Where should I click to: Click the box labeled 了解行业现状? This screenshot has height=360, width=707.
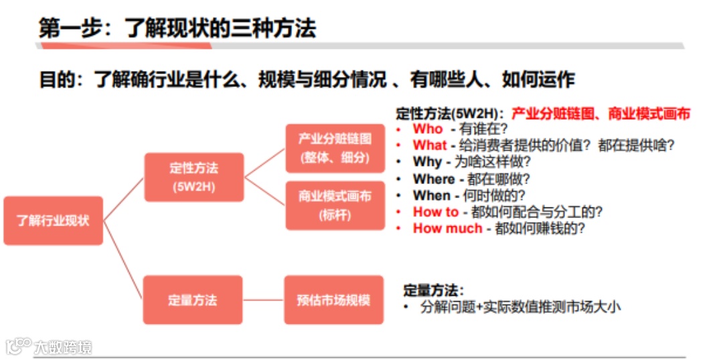pos(54,220)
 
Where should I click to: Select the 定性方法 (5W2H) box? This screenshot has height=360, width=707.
pos(194,177)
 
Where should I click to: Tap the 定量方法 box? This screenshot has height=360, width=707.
pos(193,300)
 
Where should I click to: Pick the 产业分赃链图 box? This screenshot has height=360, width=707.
pos(335,149)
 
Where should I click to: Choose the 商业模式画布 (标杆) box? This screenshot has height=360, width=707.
pos(335,205)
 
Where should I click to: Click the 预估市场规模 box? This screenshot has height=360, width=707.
pos(333,300)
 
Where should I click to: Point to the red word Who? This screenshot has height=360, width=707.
pos(428,128)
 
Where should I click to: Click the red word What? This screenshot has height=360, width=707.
pos(429,145)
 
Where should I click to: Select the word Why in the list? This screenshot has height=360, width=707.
pos(427,162)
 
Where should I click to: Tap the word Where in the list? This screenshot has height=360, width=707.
pos(434,179)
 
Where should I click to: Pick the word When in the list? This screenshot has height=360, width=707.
pos(432,195)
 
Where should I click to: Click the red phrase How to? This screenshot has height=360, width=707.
pos(436,212)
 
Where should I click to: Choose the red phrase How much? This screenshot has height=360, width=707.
pos(447,228)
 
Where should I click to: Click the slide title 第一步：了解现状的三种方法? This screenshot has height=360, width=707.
pos(177,28)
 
